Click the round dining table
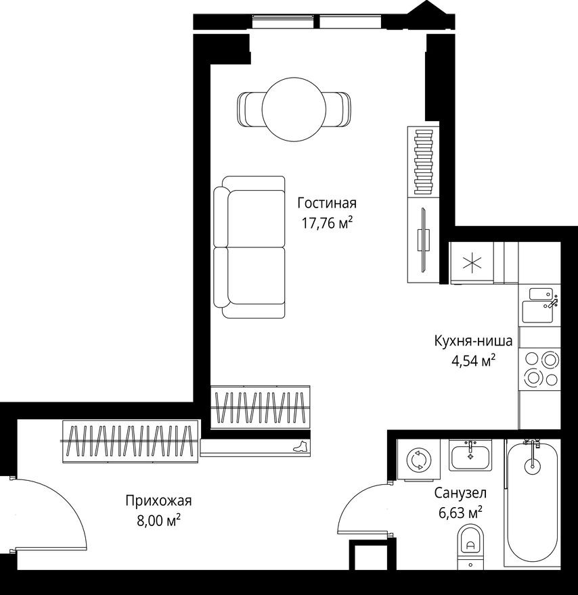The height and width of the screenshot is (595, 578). tap(294, 108)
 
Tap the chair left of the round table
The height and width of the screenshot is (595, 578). tap(250, 108)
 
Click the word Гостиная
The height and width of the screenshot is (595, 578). tap(326, 203)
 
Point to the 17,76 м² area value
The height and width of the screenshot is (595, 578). tap(328, 224)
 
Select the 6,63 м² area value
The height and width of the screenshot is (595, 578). tap(460, 513)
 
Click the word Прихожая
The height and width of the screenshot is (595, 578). tap(159, 501)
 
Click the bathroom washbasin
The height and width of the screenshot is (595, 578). tap(471, 456)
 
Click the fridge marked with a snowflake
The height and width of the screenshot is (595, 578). tap(472, 263)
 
